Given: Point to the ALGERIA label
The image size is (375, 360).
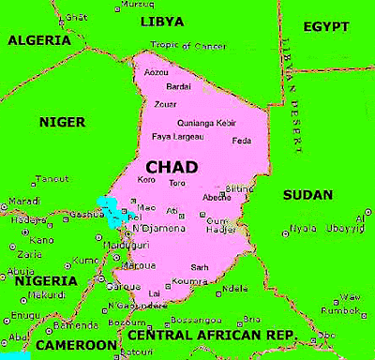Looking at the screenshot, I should (x=40, y=40).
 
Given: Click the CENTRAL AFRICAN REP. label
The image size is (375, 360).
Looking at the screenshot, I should (x=211, y=335).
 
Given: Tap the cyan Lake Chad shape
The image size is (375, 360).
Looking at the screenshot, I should (x=113, y=212).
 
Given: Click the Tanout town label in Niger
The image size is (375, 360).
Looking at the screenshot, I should (x=51, y=178).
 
